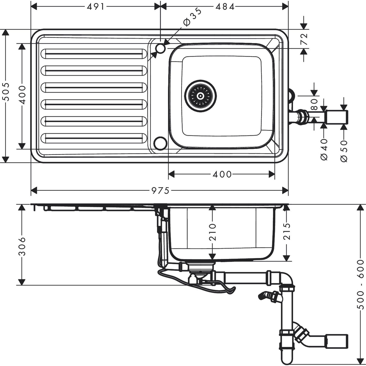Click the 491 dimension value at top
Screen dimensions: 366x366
coord(96,7)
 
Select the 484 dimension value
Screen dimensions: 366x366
coord(225,7)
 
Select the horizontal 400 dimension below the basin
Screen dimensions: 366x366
coord(222,174)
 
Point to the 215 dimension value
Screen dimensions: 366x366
coord(287,231)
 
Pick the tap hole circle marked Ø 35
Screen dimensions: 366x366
coord(160,48)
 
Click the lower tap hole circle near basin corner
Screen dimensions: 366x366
coord(160,143)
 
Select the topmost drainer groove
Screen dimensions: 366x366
coord(93,54)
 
